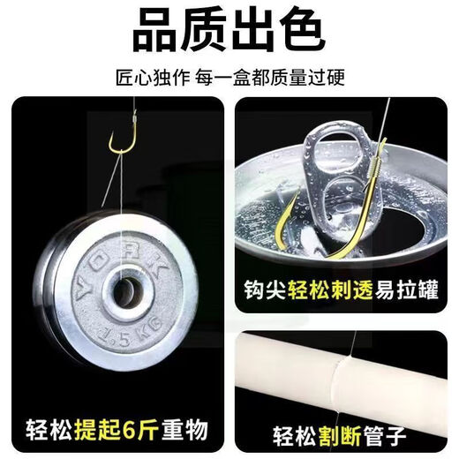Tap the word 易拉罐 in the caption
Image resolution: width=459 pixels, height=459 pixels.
(405, 290)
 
